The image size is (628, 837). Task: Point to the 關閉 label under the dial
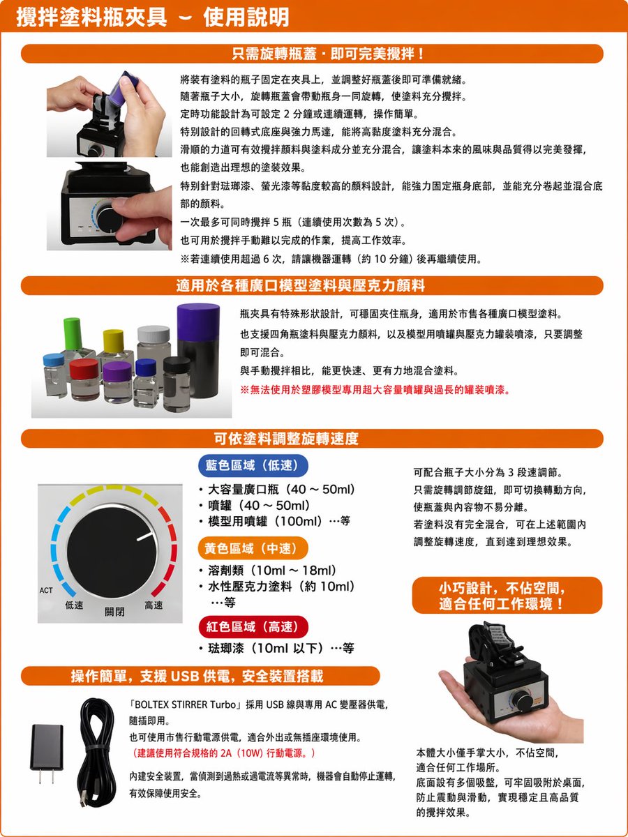click(x=114, y=612)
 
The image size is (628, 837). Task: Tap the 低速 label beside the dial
click(x=75, y=605)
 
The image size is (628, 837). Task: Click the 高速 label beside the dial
click(x=154, y=605)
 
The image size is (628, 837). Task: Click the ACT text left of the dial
click(x=46, y=591)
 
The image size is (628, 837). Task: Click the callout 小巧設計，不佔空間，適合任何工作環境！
click(x=500, y=594)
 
